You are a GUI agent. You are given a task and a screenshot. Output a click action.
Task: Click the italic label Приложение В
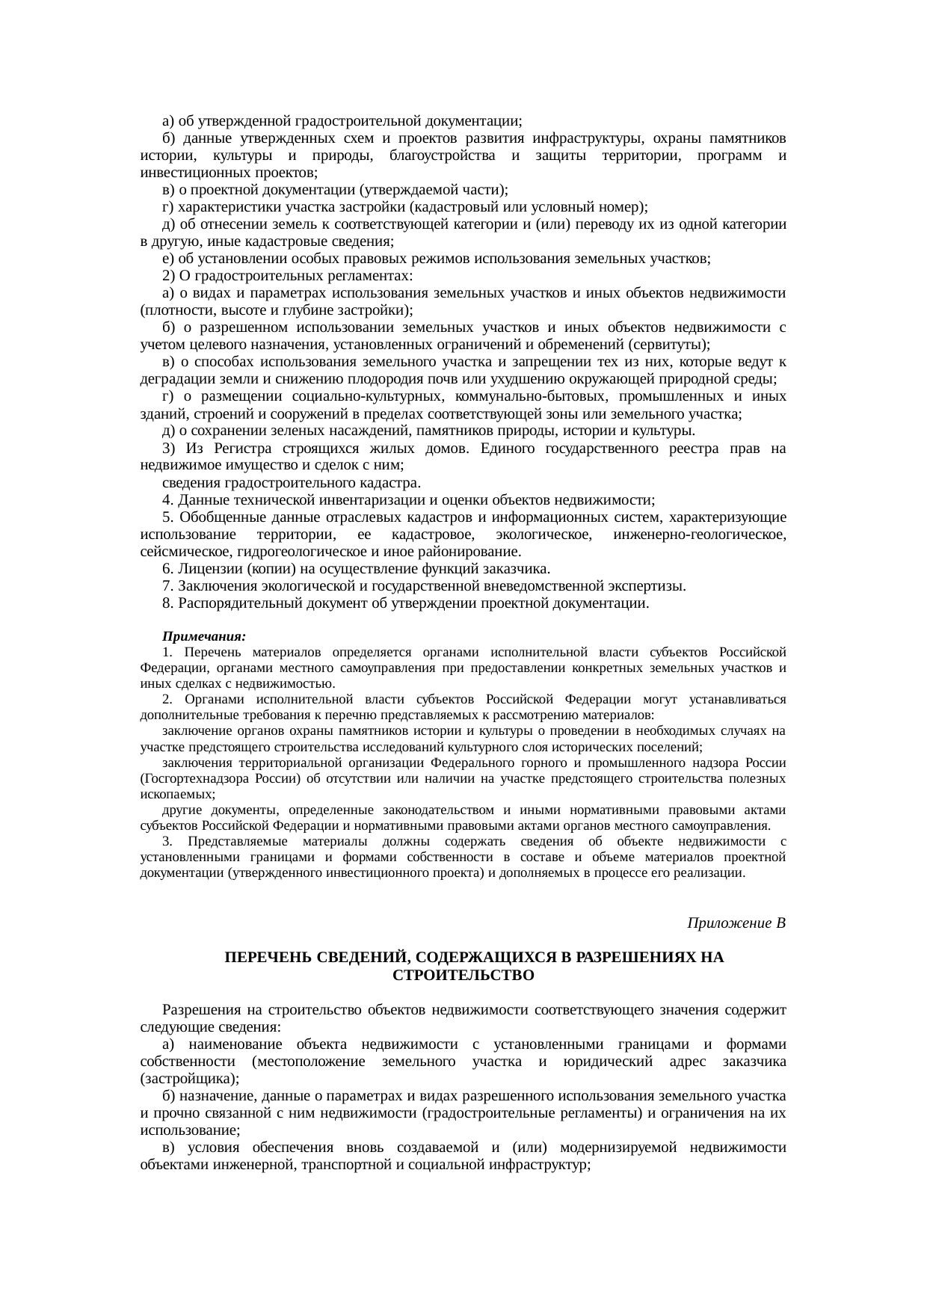point(736,923)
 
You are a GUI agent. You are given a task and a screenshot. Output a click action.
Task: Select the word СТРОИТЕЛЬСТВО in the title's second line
point(463,976)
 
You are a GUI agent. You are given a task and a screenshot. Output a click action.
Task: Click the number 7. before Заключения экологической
point(167,587)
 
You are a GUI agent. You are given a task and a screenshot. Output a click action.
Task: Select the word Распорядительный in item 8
point(235,604)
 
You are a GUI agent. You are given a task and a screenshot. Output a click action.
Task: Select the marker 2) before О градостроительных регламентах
point(167,276)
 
